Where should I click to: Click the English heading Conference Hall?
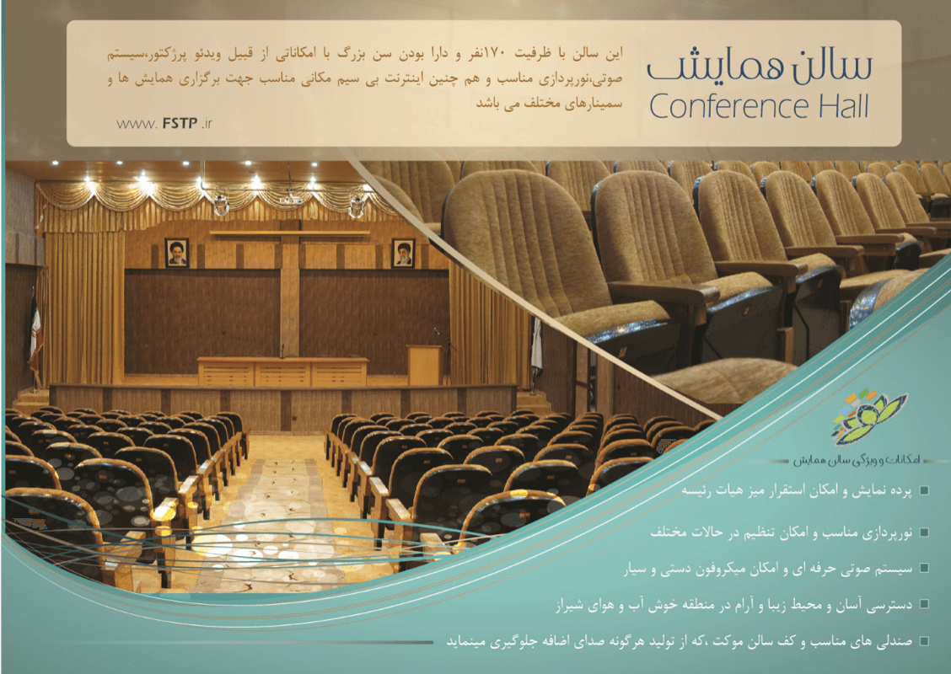point(759,107)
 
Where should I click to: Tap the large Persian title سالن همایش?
point(760,66)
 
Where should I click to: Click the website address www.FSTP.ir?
point(164,124)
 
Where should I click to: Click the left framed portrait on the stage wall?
point(176,253)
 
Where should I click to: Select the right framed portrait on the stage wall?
point(403,253)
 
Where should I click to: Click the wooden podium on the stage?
point(425,365)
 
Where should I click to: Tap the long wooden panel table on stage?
point(282,372)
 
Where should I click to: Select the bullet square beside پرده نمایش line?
point(924,490)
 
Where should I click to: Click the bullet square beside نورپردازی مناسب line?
point(924,532)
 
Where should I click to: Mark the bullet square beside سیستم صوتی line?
point(924,569)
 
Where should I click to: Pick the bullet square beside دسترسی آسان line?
point(924,604)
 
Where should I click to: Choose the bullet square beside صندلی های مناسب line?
point(924,640)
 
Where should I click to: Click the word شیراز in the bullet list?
point(570,606)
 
